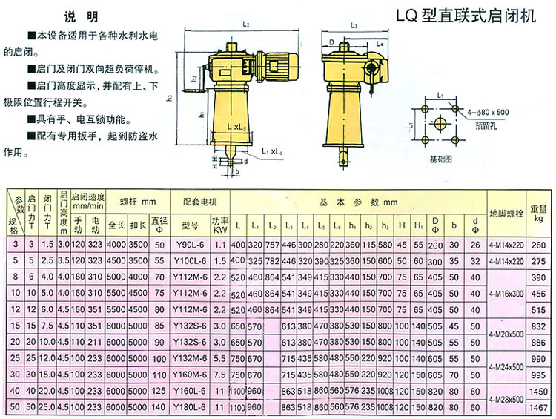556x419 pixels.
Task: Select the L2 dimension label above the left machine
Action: coord(245,25)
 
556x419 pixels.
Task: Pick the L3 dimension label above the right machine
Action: coord(354,25)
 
